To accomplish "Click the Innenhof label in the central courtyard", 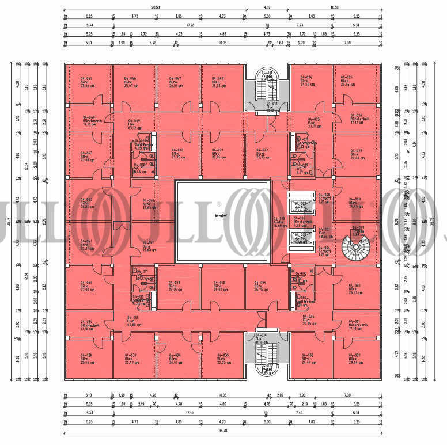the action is [222, 216].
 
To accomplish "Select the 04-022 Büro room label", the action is [263, 153].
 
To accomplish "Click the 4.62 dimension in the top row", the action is [267, 7].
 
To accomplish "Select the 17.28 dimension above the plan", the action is [189, 25].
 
